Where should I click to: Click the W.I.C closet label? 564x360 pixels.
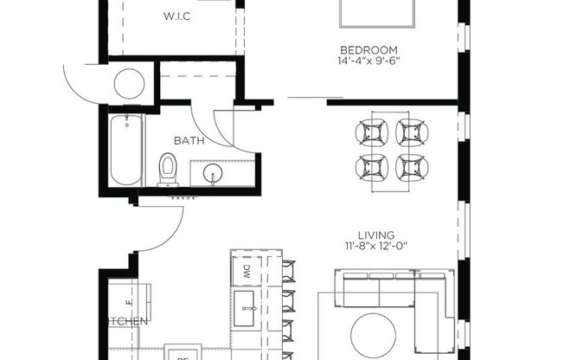[x=178, y=16]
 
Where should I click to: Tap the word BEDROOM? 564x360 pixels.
[x=369, y=49]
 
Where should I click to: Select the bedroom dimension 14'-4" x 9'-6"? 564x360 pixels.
[x=369, y=61]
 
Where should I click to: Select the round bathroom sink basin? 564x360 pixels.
[x=213, y=173]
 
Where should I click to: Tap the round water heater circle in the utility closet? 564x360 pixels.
[x=130, y=84]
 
